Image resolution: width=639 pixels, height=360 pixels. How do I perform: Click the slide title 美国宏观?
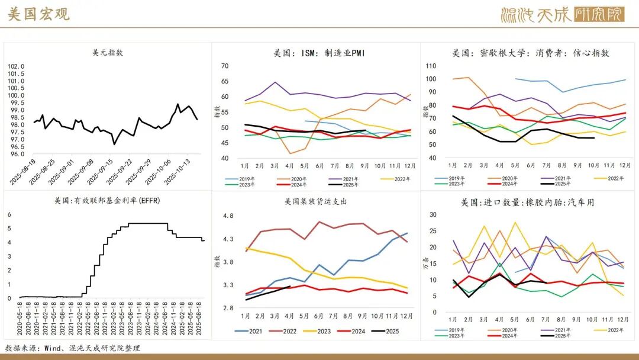tap(38, 15)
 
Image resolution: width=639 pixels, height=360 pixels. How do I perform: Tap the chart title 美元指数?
tap(108, 52)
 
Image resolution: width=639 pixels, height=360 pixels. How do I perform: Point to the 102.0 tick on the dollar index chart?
tap(16, 66)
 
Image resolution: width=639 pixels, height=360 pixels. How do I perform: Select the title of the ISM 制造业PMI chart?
tap(319, 53)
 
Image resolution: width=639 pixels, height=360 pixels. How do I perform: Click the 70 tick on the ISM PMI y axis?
tap(225, 66)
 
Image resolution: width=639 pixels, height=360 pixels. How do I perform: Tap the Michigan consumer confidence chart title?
tap(531, 53)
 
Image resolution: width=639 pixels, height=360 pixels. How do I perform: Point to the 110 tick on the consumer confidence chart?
tap(431, 66)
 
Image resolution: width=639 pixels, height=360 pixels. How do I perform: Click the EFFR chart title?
tap(107, 200)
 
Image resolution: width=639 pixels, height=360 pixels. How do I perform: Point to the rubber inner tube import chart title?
tap(527, 202)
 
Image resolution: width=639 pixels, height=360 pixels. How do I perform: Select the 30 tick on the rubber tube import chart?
tap(433, 215)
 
